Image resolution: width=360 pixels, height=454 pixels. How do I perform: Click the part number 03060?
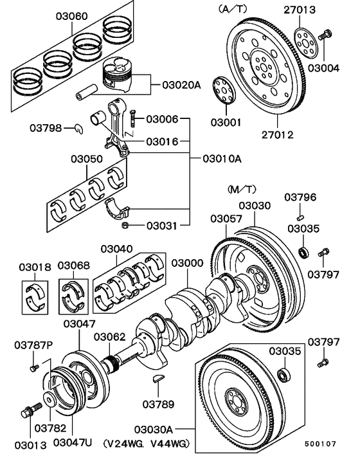(71, 16)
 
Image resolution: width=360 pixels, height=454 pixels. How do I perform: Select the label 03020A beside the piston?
(181, 85)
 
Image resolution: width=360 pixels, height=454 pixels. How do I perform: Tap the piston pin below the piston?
(86, 92)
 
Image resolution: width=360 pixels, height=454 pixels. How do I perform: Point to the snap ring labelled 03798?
(79, 129)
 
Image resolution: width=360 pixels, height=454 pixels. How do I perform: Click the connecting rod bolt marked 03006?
(132, 118)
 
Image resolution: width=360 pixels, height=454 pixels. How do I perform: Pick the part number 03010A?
(222, 158)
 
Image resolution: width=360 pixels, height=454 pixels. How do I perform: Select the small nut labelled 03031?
(125, 225)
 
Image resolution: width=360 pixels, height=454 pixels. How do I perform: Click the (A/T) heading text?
(233, 10)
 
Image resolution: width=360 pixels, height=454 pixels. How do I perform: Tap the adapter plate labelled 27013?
(307, 43)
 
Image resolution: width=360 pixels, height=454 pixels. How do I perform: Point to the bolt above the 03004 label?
(325, 35)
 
